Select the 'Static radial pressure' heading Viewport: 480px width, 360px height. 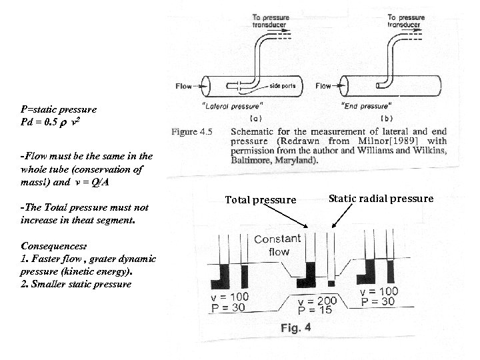pos(381,198)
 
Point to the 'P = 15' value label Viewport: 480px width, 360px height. pos(315,311)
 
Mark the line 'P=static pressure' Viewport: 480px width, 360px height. pos(59,109)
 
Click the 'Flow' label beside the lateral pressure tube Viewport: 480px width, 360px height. pos(185,85)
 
